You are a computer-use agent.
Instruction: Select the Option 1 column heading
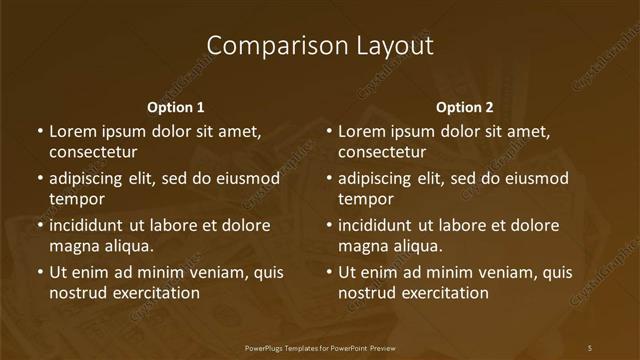[x=176, y=107]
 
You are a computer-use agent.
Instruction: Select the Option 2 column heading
[x=465, y=107]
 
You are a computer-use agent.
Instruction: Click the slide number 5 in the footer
[x=590, y=348]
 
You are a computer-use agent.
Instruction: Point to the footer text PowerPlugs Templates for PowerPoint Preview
[x=320, y=348]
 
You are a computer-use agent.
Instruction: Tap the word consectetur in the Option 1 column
[x=93, y=152]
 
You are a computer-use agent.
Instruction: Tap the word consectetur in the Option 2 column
[x=382, y=152]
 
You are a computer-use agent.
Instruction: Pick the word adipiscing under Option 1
[x=87, y=179]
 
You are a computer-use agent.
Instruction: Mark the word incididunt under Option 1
[x=89, y=226]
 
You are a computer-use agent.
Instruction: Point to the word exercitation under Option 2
[x=442, y=293]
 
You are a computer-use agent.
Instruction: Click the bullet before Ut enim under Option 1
[x=40, y=272]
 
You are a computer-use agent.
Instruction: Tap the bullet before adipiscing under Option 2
[x=329, y=179]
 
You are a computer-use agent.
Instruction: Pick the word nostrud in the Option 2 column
[x=366, y=293]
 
